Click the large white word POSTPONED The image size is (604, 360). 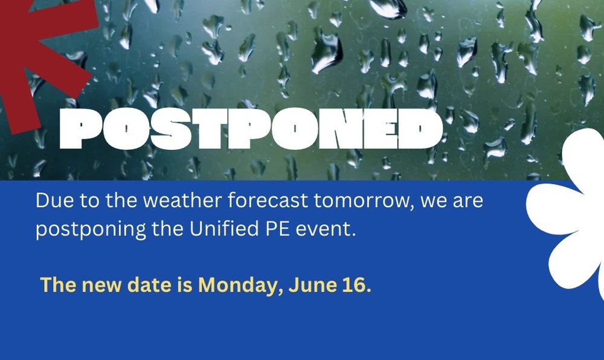(251, 129)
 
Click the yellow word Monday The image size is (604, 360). (238, 286)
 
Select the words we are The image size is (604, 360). (451, 201)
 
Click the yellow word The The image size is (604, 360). (58, 284)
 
